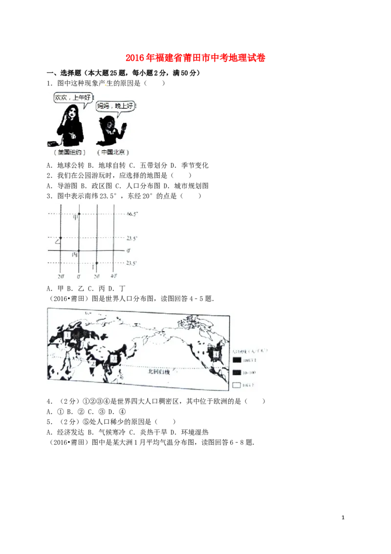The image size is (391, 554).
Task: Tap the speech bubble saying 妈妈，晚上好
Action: pyautogui.click(x=115, y=106)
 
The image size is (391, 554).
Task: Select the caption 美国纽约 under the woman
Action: pyautogui.click(x=71, y=152)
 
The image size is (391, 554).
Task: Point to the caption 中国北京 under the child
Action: pyautogui.click(x=113, y=152)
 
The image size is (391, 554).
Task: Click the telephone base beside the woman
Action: pyautogui.click(x=52, y=143)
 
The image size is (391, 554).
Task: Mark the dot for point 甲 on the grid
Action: pyautogui.click(x=79, y=215)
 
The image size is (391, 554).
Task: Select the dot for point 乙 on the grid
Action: pyautogui.click(x=60, y=237)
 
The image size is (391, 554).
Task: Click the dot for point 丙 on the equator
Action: pyautogui.click(x=79, y=251)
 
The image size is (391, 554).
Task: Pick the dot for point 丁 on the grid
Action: pyautogui.click(x=97, y=263)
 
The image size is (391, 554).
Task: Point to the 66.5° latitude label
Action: pyautogui.click(x=132, y=214)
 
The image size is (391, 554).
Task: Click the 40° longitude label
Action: pyautogui.click(x=113, y=276)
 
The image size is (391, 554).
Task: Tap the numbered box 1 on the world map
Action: pyautogui.click(x=67, y=335)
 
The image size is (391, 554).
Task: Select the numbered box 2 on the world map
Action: pyautogui.click(x=92, y=363)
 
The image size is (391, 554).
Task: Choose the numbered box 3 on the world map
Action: pyautogui.click(x=114, y=359)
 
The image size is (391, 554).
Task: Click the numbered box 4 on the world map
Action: pyautogui.click(x=217, y=354)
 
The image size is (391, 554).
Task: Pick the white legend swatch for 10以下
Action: pyautogui.click(x=237, y=385)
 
